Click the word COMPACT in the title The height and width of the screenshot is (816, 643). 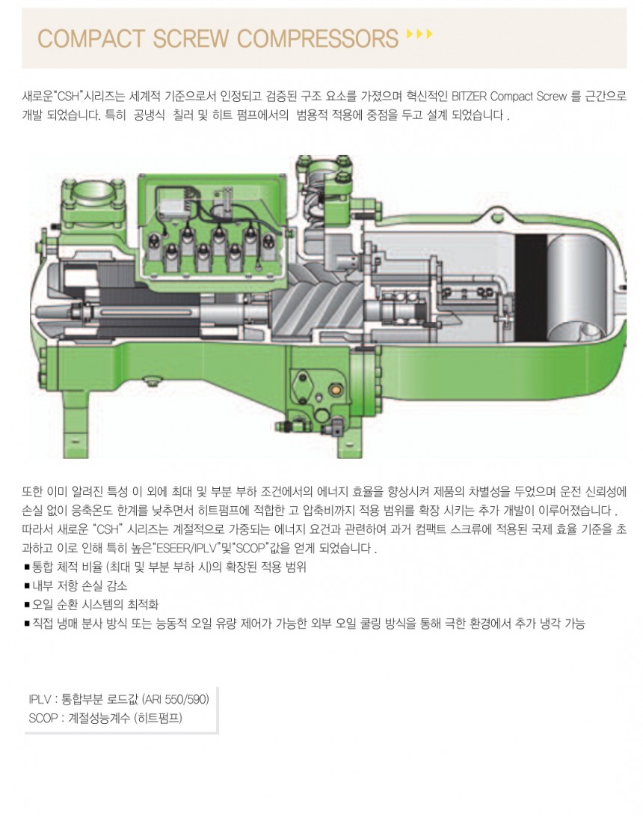[x=90, y=39]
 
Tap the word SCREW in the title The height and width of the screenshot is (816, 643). [x=191, y=39]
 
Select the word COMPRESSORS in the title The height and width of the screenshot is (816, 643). [x=318, y=39]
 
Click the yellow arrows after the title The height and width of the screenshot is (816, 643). [x=419, y=34]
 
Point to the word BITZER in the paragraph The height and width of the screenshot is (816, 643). [x=470, y=97]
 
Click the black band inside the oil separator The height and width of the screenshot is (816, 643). [x=531, y=287]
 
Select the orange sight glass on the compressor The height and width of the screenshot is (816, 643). [x=334, y=389]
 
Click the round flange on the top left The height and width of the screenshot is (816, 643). [x=93, y=192]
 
